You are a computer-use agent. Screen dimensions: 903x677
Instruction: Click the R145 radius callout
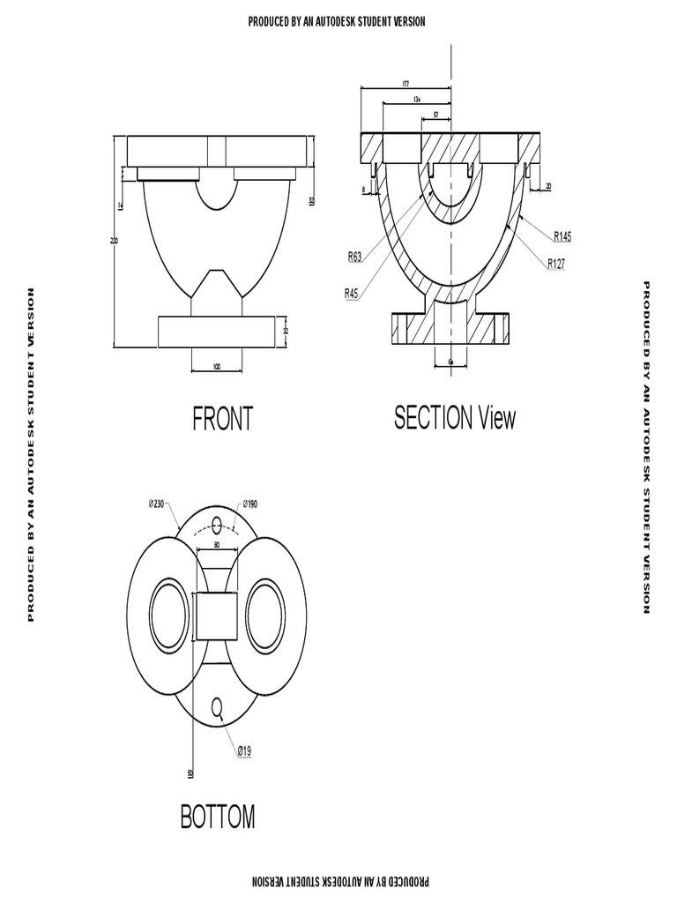562,235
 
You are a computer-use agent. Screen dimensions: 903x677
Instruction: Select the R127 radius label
555,263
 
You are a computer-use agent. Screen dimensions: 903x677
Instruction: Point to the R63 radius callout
354,257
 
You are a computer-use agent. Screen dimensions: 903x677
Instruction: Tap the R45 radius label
352,294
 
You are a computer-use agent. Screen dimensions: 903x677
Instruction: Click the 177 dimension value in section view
405,84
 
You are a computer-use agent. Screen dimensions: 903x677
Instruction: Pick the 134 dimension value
416,100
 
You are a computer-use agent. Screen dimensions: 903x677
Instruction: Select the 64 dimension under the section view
451,362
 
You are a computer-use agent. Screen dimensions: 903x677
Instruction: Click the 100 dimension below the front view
217,366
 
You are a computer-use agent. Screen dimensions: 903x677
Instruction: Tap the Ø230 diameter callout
157,504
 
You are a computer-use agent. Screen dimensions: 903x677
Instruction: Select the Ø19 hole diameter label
243,751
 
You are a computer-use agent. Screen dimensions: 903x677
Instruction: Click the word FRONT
222,420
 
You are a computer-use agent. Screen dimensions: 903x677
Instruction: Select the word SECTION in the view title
433,418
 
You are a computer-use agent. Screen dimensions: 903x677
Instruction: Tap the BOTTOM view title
218,817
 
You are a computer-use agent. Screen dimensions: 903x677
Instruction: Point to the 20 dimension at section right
547,186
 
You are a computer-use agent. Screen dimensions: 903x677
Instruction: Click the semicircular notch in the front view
217,192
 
